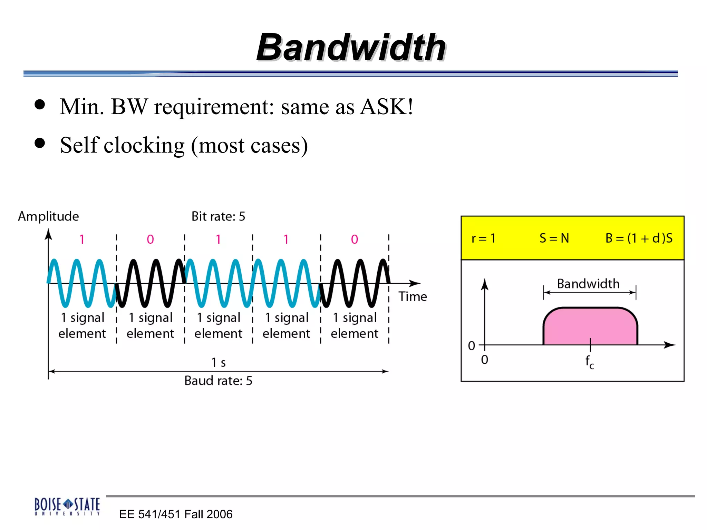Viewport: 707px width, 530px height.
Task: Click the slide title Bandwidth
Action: click(351, 47)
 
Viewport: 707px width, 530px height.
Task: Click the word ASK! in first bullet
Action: click(386, 107)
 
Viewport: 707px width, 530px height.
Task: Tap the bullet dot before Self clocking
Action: click(40, 143)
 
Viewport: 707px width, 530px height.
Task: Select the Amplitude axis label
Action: click(48, 216)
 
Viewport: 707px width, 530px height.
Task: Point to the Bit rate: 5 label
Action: click(218, 216)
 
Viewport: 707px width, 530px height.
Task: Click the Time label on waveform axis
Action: click(413, 297)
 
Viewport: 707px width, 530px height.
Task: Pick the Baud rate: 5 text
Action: click(218, 381)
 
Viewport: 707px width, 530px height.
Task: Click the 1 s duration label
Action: click(218, 363)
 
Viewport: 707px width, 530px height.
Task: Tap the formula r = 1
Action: click(483, 238)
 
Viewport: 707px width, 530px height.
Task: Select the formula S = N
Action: click(554, 238)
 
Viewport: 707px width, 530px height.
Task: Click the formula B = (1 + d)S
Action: click(639, 238)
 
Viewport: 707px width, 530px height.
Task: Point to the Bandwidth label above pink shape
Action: click(588, 284)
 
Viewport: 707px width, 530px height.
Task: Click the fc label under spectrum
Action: click(590, 362)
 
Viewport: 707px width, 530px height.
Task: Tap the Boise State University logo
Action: click(67, 506)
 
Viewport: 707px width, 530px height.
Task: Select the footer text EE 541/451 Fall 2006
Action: click(176, 514)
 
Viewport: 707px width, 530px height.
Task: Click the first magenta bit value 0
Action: click(150, 239)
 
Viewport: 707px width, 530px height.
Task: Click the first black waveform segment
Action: click(150, 283)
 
